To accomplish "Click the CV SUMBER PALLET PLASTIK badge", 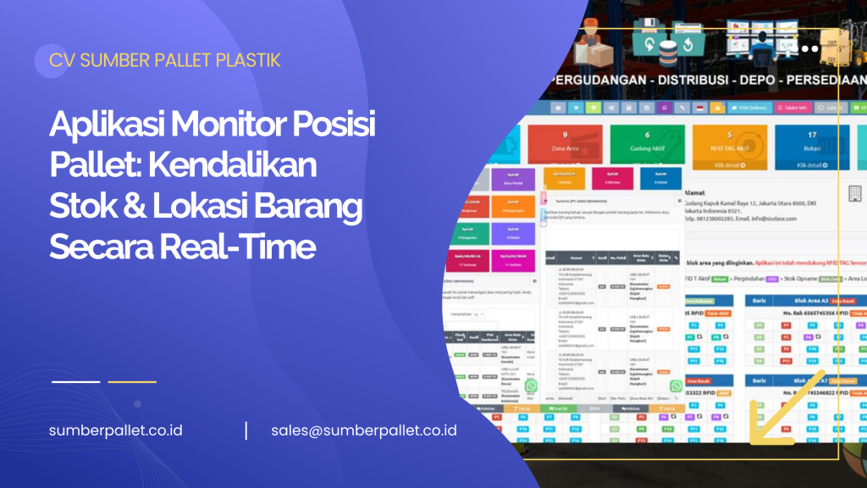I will pyautogui.click(x=165, y=60).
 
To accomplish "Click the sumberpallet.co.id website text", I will pyautogui.click(x=116, y=430).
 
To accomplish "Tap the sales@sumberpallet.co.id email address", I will pyautogui.click(x=364, y=430).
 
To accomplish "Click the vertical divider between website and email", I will pyautogui.click(x=246, y=430).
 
